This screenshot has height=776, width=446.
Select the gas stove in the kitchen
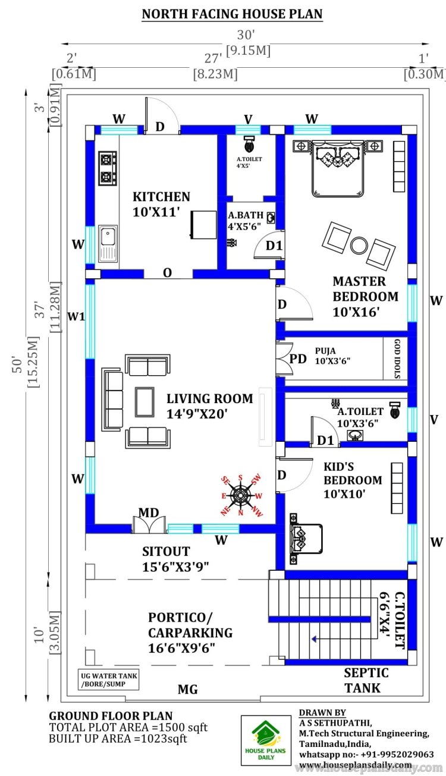coord(107,168)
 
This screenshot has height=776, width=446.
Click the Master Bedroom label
coord(365,296)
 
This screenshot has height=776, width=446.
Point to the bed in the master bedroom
coord(338,166)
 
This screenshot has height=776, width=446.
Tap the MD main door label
coord(149,513)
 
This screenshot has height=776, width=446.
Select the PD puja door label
coord(299,359)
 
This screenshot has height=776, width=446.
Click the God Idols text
coord(397,359)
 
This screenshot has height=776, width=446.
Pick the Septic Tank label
coord(366,680)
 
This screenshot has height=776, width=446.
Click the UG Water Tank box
coord(109,679)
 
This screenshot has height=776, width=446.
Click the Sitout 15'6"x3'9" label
coord(175,558)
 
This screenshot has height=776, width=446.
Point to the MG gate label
coord(187,690)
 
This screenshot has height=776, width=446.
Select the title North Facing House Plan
coord(232,14)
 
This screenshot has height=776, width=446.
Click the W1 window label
coord(76,316)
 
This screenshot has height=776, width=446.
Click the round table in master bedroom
coord(359,244)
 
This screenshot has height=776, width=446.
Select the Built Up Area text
coord(118,739)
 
